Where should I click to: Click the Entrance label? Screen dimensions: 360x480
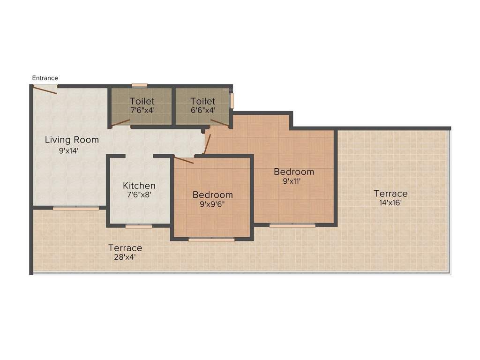click(x=45, y=78)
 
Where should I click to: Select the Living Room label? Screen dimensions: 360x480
click(x=72, y=140)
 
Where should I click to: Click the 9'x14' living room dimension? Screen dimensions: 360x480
click(x=69, y=151)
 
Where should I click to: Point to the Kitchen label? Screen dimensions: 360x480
click(x=139, y=186)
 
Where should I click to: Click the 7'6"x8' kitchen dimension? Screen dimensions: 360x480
click(x=139, y=195)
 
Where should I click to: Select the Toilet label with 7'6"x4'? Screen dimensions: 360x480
click(x=142, y=101)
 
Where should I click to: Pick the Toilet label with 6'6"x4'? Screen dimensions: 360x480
click(x=203, y=101)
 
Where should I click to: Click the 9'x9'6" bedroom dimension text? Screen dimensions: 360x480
click(x=212, y=204)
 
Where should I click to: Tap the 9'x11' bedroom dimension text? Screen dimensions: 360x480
click(x=294, y=181)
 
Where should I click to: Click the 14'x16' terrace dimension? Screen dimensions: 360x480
click(x=390, y=203)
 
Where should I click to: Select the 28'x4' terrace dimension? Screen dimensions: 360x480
click(x=125, y=257)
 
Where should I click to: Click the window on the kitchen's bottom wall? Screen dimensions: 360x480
click(x=139, y=226)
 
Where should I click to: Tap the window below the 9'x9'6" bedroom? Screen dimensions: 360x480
click(x=211, y=240)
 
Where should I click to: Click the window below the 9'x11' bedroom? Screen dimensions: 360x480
click(x=292, y=225)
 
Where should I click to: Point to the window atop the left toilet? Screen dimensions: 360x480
click(x=139, y=85)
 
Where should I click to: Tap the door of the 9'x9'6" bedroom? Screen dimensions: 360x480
click(x=183, y=160)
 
